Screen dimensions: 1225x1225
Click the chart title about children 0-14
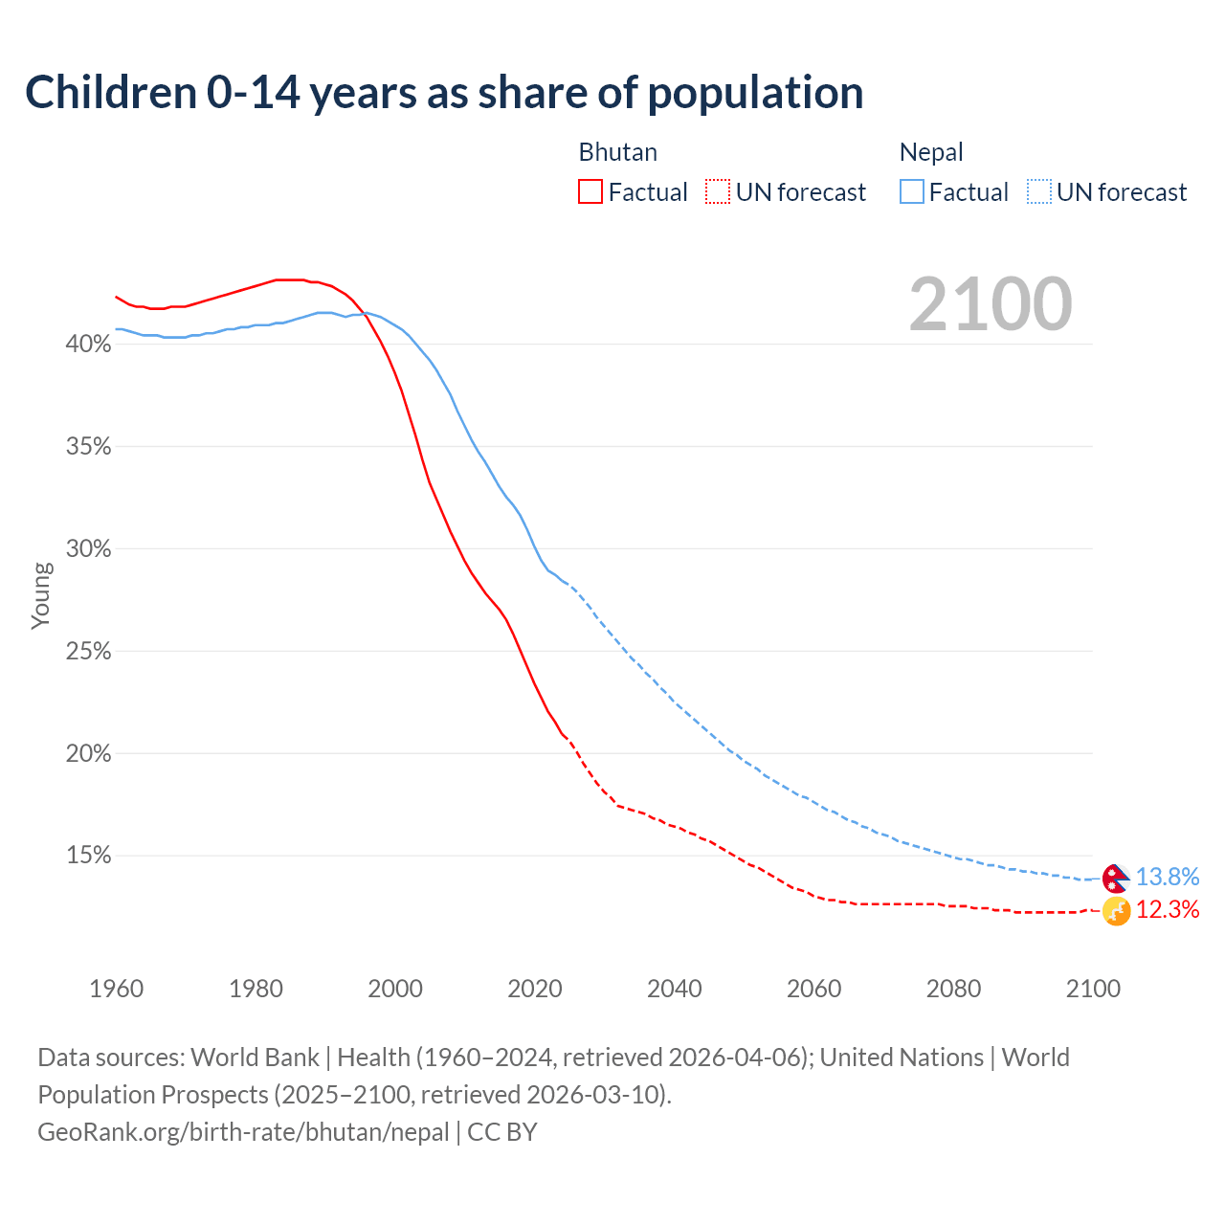point(444,93)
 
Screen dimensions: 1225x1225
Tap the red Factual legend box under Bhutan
point(590,191)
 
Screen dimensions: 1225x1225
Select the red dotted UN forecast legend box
point(718,191)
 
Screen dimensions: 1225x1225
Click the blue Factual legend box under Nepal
point(912,191)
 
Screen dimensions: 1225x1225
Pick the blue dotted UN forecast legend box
point(1039,191)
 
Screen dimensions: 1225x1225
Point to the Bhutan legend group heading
point(617,152)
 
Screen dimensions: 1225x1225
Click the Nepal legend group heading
point(931,152)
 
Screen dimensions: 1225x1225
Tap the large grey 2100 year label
point(991,304)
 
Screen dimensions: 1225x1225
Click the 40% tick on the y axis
point(88,344)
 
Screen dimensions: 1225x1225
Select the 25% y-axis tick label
point(88,651)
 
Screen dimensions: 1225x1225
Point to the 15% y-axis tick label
point(88,856)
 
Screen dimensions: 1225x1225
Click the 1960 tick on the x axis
point(116,988)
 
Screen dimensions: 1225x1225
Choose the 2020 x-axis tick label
point(535,988)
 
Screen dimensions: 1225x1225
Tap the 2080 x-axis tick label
point(953,988)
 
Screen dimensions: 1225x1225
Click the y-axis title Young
point(40,595)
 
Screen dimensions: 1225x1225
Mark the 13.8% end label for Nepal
point(1167,877)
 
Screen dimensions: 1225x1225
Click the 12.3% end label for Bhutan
point(1167,909)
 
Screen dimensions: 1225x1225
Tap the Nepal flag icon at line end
point(1115,878)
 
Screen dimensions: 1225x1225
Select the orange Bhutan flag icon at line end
point(1116,911)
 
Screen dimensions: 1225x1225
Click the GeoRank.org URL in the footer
point(243,1131)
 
